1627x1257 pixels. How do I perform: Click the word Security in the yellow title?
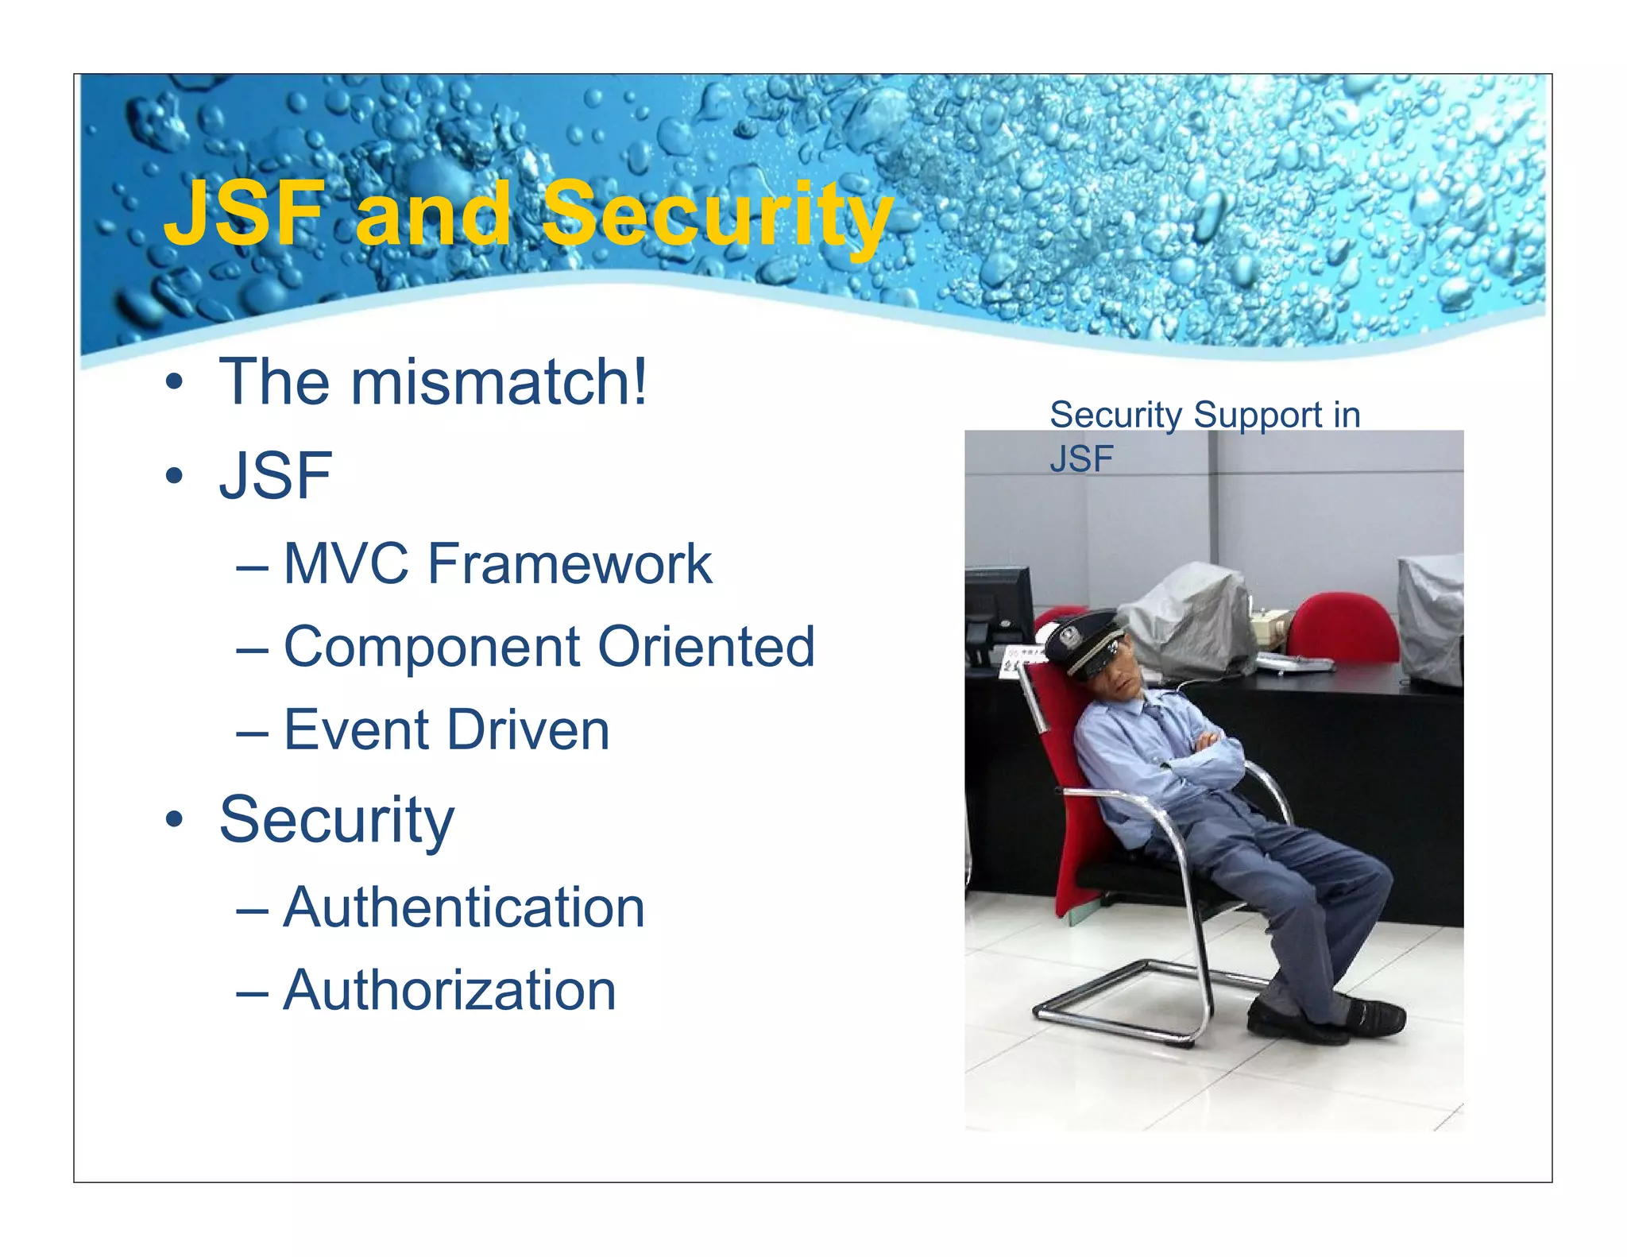point(717,215)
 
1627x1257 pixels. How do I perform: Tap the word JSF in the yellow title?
point(245,215)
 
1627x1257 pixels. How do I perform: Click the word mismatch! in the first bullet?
point(499,383)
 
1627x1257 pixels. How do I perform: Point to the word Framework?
point(570,564)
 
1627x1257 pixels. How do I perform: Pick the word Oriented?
point(706,647)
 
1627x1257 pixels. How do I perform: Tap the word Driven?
point(528,730)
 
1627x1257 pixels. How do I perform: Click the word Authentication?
point(464,907)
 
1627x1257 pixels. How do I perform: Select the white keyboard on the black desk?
point(1295,664)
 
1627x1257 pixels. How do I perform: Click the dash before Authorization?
point(252,992)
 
